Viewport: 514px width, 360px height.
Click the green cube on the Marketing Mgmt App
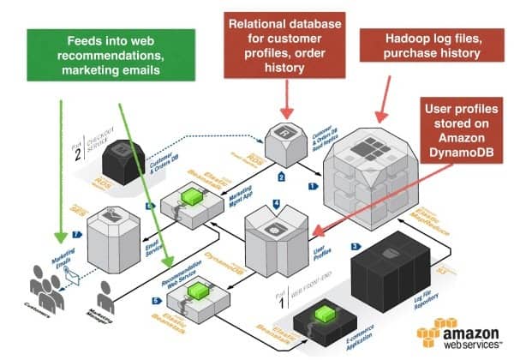click(191, 195)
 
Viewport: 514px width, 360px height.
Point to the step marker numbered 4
click(275, 205)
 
